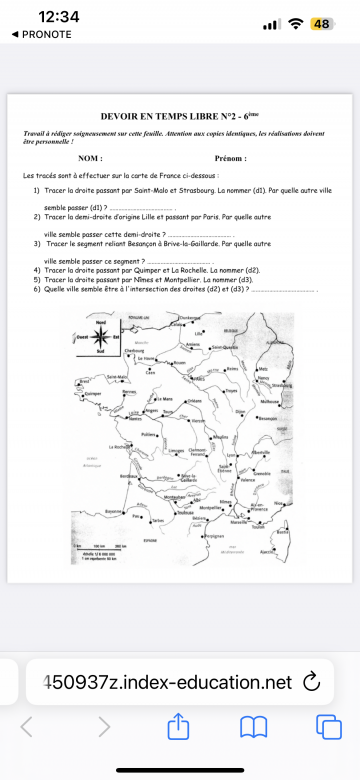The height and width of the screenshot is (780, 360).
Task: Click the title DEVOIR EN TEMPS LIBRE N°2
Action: tap(179, 116)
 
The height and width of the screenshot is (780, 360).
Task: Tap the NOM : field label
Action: tap(90, 158)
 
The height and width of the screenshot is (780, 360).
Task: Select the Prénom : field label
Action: tap(230, 158)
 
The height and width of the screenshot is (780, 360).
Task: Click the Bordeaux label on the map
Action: tap(126, 477)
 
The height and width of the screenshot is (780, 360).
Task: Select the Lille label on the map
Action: tap(199, 333)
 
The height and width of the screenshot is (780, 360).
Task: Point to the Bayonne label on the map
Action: tap(113, 511)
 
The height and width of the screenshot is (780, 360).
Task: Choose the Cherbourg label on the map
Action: tap(133, 351)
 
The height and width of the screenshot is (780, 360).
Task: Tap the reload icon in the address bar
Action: tap(310, 682)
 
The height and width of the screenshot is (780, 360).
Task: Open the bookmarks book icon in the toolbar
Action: tap(253, 727)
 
